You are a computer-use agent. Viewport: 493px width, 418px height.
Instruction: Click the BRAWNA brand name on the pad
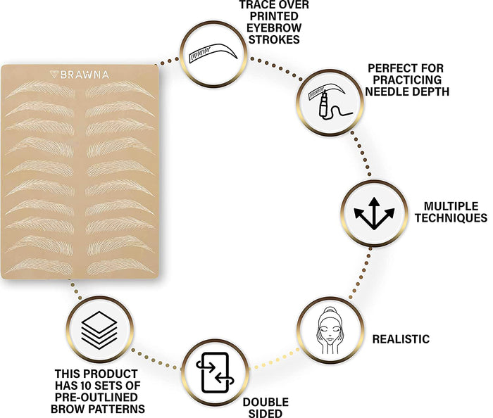(85, 75)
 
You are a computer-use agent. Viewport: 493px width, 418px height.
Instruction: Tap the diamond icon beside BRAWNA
(54, 75)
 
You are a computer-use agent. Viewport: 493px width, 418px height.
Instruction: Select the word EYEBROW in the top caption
(274, 28)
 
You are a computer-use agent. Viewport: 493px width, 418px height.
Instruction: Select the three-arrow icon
(374, 213)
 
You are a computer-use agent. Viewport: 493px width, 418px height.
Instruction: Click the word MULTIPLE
(451, 206)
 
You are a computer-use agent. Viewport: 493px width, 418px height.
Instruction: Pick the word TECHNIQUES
(451, 217)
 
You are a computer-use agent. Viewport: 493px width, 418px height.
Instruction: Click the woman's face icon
(330, 330)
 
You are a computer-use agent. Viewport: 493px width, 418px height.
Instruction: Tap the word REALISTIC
(401, 339)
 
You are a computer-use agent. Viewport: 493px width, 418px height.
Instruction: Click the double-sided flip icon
(215, 372)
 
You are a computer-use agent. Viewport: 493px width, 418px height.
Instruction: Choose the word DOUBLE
(266, 403)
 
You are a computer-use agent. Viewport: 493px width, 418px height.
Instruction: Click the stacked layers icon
(99, 330)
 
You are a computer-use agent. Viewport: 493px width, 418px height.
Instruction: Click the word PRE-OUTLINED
(96, 397)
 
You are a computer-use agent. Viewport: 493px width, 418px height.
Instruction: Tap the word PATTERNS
(118, 409)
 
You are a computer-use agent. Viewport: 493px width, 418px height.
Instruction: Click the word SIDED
(266, 413)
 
